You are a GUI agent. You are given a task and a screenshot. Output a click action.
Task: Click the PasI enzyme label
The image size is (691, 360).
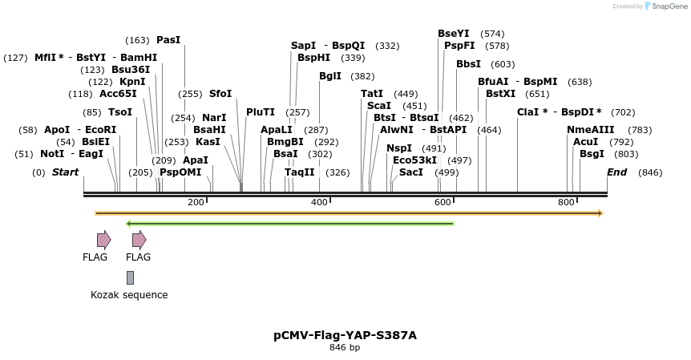168,40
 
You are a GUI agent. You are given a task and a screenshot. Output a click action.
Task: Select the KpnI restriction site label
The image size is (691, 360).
132,82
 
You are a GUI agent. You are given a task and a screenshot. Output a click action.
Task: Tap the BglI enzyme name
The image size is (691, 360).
329,76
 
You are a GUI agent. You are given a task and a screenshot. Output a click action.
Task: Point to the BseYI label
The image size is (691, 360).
454,34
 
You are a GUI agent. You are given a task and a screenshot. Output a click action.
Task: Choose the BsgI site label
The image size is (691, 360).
592,154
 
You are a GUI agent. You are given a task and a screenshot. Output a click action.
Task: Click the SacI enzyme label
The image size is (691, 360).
411,172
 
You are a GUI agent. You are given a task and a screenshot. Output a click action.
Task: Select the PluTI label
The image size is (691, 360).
261,112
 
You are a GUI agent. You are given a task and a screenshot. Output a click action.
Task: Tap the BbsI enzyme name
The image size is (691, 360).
468,64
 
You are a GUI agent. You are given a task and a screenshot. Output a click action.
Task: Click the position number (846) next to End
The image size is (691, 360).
650,172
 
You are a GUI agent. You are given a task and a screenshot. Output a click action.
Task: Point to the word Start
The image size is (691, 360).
66,172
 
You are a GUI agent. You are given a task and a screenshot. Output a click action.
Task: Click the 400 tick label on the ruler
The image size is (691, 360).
319,203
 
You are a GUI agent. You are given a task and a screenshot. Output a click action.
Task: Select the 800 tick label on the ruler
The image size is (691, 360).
566,203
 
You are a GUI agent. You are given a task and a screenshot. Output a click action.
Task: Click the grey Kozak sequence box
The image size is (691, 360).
130,277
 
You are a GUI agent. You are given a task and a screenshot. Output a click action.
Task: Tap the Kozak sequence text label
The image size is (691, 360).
129,295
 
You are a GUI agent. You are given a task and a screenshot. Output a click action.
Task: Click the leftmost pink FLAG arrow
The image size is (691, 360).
103,240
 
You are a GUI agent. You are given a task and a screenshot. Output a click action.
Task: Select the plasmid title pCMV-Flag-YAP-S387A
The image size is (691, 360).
345,335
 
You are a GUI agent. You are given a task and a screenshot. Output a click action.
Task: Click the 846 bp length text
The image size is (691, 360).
345,348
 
